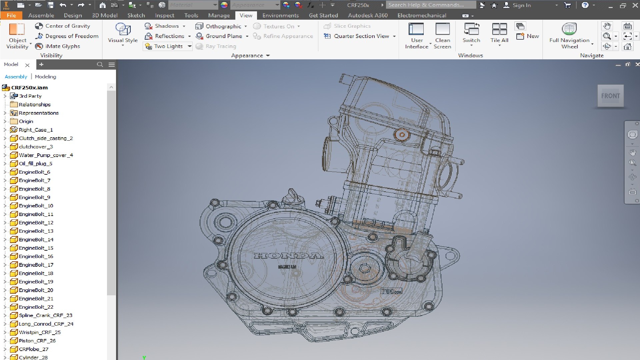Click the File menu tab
(11, 15)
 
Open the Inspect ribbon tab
(164, 15)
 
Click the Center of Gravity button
(67, 26)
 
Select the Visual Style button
(123, 33)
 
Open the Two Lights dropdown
(189, 46)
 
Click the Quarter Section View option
(361, 36)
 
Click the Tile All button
(499, 33)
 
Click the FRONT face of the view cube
(610, 96)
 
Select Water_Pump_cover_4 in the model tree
(46, 155)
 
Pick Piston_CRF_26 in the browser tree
(37, 341)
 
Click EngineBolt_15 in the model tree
(36, 248)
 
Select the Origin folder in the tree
(26, 121)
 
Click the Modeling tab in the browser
(45, 77)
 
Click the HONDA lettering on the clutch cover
(288, 256)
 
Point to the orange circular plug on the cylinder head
(402, 135)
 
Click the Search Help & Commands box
(431, 5)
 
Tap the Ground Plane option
(223, 36)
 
